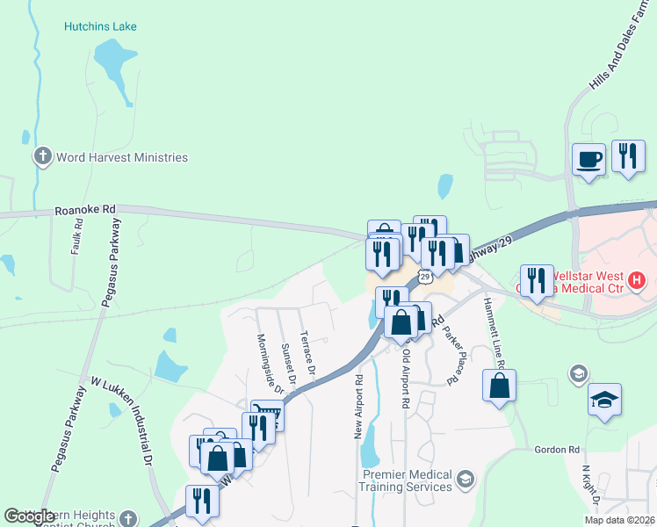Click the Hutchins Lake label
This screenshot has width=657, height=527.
click(x=100, y=26)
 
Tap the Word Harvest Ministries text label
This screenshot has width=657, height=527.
click(x=121, y=157)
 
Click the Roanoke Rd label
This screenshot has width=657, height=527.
click(x=85, y=210)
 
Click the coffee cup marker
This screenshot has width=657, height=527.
click(x=589, y=160)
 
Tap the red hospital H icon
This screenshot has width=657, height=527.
click(x=638, y=283)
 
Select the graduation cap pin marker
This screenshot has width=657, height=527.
click(x=604, y=401)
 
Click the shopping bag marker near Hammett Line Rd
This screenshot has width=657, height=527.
click(x=499, y=386)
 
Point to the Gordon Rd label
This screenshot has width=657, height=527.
click(x=558, y=450)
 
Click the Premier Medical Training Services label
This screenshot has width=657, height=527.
click(x=407, y=480)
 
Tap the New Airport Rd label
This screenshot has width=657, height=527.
click(x=358, y=408)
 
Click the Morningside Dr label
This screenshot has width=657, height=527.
click(x=270, y=362)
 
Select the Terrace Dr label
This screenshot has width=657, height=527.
click(x=307, y=350)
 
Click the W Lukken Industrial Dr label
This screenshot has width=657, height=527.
click(x=123, y=421)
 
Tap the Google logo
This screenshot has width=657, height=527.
click(x=29, y=516)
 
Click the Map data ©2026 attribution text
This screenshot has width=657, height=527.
click(x=619, y=520)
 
